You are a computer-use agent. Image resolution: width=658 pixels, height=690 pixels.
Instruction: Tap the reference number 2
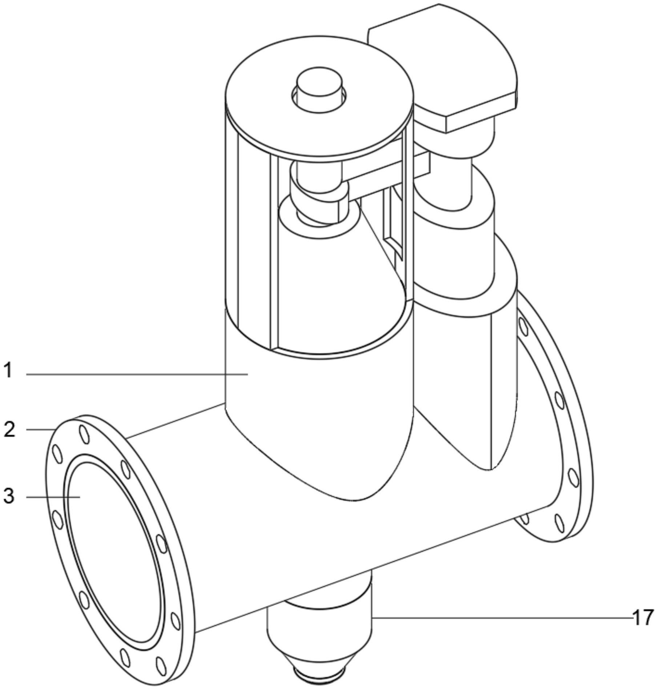tap(9, 429)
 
